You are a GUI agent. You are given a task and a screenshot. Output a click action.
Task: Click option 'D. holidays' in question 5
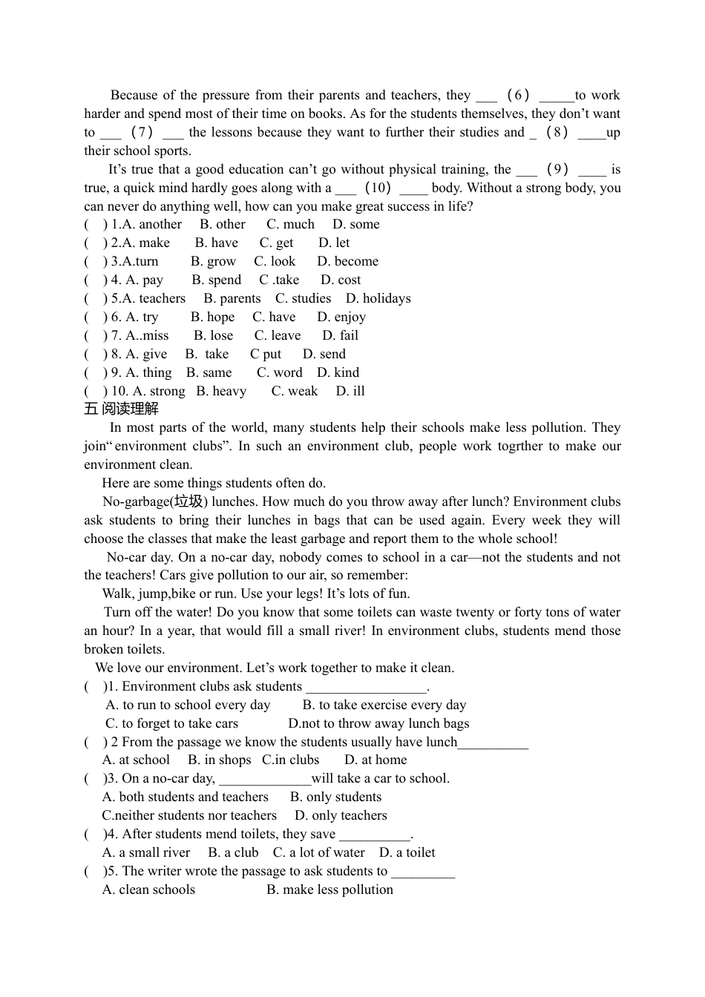[x=378, y=298]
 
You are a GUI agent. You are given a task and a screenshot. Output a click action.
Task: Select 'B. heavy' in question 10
[x=221, y=391]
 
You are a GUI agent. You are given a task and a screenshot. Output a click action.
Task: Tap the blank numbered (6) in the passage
[x=517, y=95]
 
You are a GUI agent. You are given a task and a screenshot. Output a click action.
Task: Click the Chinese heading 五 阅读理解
[x=121, y=409]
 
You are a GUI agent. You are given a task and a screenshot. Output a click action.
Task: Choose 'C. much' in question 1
[x=290, y=224]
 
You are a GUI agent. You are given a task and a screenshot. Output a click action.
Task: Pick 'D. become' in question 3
[x=347, y=261]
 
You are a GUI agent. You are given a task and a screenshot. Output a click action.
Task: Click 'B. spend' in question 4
[x=216, y=280]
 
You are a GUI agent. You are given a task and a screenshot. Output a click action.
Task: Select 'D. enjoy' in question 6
[x=341, y=317]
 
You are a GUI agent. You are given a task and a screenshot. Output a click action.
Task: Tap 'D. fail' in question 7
[x=340, y=335]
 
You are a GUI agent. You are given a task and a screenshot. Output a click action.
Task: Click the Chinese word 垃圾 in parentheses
[x=188, y=501]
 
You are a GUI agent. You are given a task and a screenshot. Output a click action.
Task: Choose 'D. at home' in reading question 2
[x=376, y=760]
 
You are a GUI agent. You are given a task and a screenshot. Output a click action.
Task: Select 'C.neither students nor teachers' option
[x=189, y=815]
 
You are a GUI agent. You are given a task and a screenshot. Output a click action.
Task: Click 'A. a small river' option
[x=146, y=852]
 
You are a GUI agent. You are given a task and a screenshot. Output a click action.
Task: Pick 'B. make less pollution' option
[x=329, y=889]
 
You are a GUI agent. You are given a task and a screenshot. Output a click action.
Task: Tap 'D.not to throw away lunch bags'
[x=378, y=723]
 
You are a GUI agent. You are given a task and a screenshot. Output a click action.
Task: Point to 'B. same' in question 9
[x=209, y=372]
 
